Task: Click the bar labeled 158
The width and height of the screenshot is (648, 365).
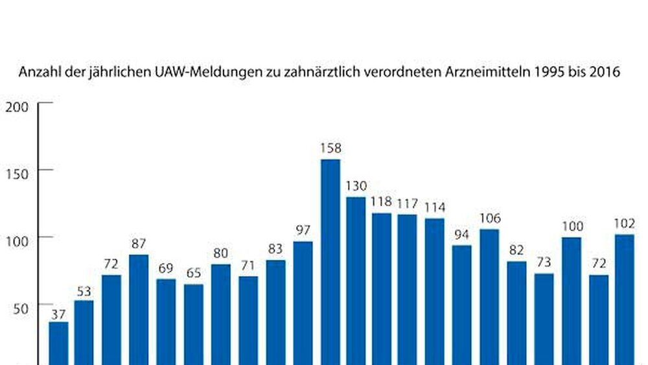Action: pyautogui.click(x=330, y=262)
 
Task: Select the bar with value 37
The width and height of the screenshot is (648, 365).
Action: pyautogui.click(x=58, y=344)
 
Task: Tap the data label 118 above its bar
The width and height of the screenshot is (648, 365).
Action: pyautogui.click(x=382, y=202)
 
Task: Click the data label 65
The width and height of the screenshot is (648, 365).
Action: pyautogui.click(x=193, y=274)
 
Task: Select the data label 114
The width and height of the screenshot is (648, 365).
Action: pyautogui.click(x=435, y=207)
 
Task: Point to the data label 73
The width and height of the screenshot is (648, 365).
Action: pyautogui.click(x=544, y=263)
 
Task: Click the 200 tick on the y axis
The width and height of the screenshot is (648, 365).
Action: pyautogui.click(x=17, y=107)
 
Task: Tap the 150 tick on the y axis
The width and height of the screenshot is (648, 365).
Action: pyautogui.click(x=17, y=173)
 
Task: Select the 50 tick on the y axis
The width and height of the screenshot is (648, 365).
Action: pyautogui.click(x=21, y=307)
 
